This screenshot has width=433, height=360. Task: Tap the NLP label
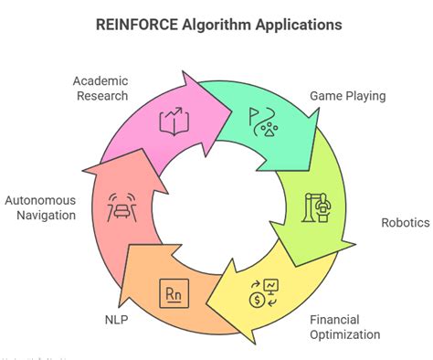coord(113,321)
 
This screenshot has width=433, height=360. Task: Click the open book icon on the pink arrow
coord(173,122)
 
